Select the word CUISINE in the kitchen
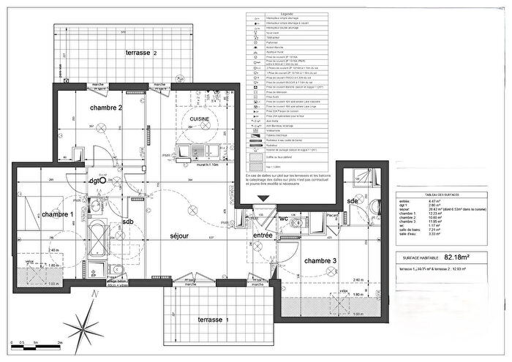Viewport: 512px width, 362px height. pos(200,118)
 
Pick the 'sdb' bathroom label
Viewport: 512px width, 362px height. pos(128,221)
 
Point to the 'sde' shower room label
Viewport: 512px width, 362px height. pos(353,200)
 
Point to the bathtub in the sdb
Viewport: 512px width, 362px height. pos(95,247)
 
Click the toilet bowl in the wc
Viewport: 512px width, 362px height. pos(295,222)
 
